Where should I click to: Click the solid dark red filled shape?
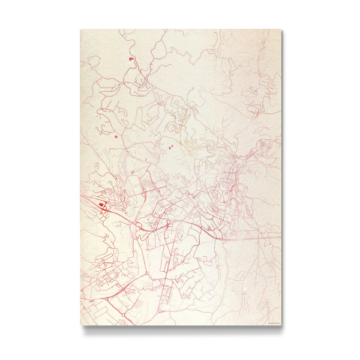point(101,205)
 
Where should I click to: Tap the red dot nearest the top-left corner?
point(131,59)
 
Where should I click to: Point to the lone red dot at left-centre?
point(112,137)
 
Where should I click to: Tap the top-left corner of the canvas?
point(80,29)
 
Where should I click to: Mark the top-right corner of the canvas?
point(281,29)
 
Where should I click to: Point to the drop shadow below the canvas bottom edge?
point(180,330)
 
